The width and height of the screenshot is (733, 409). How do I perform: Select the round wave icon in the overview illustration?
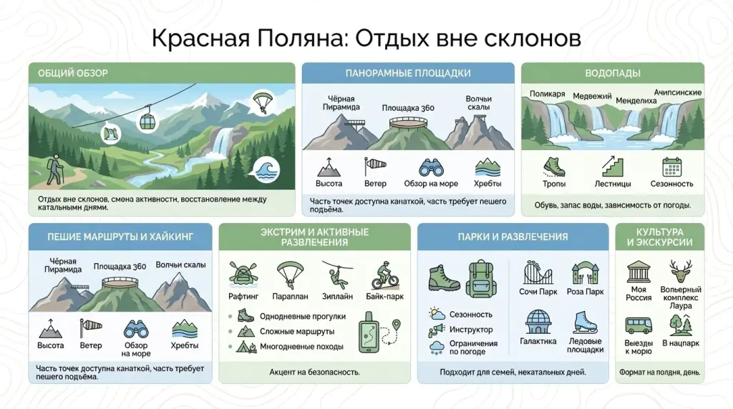coord(268,170)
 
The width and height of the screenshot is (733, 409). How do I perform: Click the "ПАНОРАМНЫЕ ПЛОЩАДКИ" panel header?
coord(407,73)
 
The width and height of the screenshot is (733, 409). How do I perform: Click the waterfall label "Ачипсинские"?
coord(677,93)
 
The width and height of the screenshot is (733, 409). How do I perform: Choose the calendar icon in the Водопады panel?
coord(671,167)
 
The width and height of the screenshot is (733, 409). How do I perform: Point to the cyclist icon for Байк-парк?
coord(384,275)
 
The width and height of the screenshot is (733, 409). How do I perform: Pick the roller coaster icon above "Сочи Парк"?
coord(538,274)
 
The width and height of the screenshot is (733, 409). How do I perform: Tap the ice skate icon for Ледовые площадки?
coord(584,322)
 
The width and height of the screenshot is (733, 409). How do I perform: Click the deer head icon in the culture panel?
coord(680,272)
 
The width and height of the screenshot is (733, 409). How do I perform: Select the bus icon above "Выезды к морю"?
coord(638,325)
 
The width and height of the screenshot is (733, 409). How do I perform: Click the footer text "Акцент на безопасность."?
coord(314,372)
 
